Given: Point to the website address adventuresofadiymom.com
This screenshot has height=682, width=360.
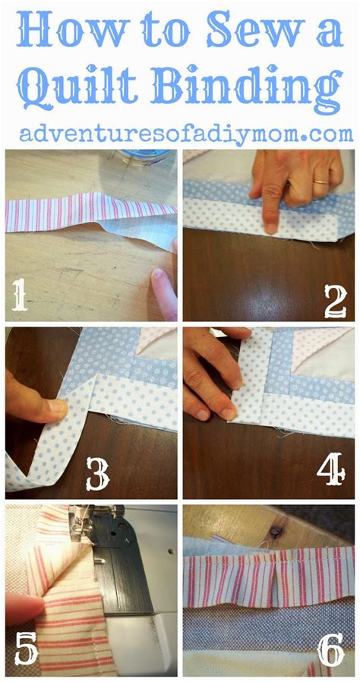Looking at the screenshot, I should point(187,134).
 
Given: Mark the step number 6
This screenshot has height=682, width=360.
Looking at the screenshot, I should point(330,651).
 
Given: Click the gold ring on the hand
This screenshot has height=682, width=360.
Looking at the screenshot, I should point(322,182).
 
